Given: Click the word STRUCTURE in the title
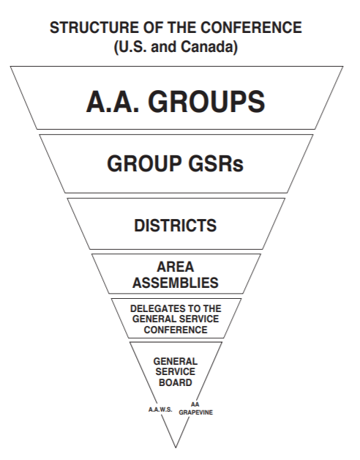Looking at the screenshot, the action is (x=94, y=28).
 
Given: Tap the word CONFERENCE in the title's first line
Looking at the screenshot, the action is (x=251, y=28).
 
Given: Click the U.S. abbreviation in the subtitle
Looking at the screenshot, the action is (x=130, y=46).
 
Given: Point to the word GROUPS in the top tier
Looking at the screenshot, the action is (x=206, y=102).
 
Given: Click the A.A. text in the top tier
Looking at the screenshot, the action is (x=113, y=102).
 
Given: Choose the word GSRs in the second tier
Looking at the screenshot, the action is (x=216, y=163).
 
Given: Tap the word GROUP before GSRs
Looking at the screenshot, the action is (x=144, y=163).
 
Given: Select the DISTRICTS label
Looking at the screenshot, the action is (x=176, y=226).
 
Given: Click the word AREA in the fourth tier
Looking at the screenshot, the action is (x=176, y=267).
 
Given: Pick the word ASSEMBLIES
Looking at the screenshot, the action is (x=176, y=283).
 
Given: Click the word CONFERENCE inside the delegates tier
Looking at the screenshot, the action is (x=176, y=330).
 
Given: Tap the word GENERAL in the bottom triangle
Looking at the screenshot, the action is (x=176, y=361).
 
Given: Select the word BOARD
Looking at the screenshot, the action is (x=176, y=382).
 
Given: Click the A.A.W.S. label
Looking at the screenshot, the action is (x=160, y=409).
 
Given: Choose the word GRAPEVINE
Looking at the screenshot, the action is (x=196, y=412).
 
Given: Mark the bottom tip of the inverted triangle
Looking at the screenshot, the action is (x=176, y=448).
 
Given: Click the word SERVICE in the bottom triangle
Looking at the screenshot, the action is (x=176, y=371).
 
